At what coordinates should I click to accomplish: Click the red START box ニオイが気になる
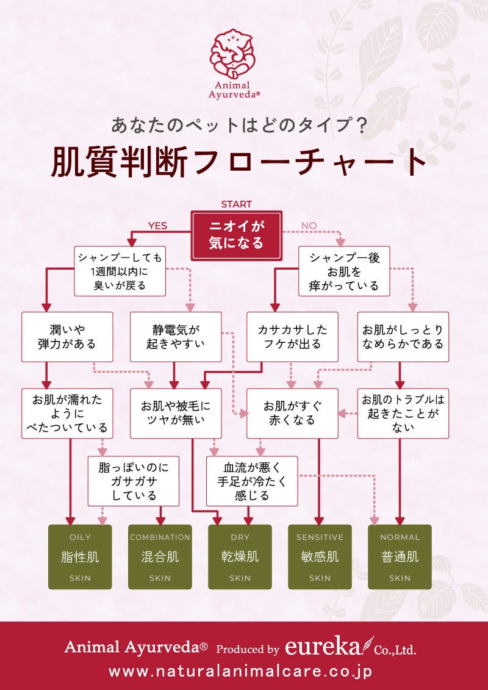[x=237, y=234]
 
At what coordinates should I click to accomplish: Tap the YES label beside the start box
[x=157, y=226]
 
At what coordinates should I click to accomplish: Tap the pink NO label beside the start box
[x=309, y=226]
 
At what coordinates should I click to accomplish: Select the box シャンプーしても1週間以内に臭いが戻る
[x=120, y=271]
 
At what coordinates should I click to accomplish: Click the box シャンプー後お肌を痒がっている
[x=344, y=271]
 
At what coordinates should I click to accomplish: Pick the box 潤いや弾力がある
[x=67, y=336]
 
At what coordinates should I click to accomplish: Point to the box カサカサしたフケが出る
[x=292, y=336]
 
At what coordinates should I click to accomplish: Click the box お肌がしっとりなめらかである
[x=403, y=336]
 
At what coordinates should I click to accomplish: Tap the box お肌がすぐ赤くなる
[x=292, y=413]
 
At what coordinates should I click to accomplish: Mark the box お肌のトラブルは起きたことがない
[x=403, y=413]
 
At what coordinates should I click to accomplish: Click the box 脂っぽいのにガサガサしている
[x=134, y=481]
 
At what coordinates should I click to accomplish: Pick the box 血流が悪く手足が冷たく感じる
[x=252, y=481]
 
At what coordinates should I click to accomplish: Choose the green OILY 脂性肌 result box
[x=80, y=556]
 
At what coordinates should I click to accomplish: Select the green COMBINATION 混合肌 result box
[x=160, y=556]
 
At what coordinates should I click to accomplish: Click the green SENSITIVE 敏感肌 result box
[x=320, y=556]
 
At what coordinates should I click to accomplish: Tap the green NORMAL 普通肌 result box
[x=400, y=556]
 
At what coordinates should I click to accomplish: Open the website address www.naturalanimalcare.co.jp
[x=240, y=671]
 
